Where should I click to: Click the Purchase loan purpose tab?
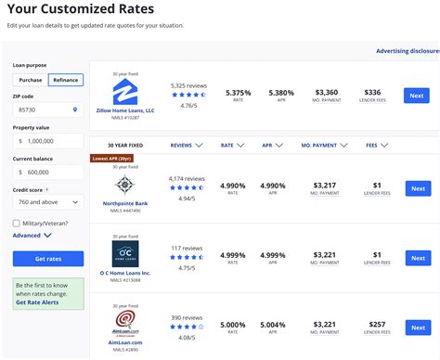tap(31, 80)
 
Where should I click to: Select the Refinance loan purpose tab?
tap(66, 80)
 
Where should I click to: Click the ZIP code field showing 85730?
tap(47, 109)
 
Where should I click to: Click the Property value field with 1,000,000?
tap(47, 141)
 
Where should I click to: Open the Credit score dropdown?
tap(47, 201)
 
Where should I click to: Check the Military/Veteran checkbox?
tap(18, 223)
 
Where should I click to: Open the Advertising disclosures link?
tap(407, 52)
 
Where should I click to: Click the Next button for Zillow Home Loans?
tap(417, 96)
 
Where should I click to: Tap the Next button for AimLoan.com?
tap(417, 329)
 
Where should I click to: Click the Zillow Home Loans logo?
tap(125, 92)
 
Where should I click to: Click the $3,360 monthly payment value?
tap(326, 93)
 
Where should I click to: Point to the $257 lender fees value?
tap(377, 325)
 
